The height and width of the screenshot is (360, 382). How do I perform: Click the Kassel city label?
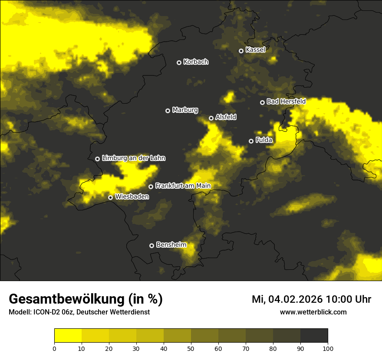(255, 50)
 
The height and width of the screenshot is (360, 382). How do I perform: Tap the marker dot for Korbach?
(179, 62)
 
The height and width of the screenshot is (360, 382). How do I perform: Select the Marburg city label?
(185, 110)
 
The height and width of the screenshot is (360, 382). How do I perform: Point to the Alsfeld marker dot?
(211, 118)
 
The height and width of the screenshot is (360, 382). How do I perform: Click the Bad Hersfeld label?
(286, 101)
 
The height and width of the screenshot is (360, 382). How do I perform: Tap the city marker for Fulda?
(251, 141)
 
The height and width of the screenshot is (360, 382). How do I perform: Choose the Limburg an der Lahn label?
(133, 158)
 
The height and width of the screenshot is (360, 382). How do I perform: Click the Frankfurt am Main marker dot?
(151, 187)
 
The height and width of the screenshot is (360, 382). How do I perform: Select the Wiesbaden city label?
(132, 197)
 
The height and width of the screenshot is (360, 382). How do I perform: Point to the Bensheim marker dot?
(151, 245)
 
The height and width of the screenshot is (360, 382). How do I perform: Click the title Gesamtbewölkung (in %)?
(86, 299)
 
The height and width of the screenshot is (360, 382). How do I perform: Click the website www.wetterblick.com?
(313, 312)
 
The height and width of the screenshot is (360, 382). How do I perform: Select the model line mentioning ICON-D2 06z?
(79, 312)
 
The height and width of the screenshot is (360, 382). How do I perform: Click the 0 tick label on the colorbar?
(54, 348)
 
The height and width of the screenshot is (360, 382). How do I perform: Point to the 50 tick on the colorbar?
(191, 348)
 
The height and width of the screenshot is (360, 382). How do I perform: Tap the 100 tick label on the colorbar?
(328, 348)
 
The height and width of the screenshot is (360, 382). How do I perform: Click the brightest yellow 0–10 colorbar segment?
(68, 336)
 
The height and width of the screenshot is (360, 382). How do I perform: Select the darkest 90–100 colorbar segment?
(314, 336)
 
